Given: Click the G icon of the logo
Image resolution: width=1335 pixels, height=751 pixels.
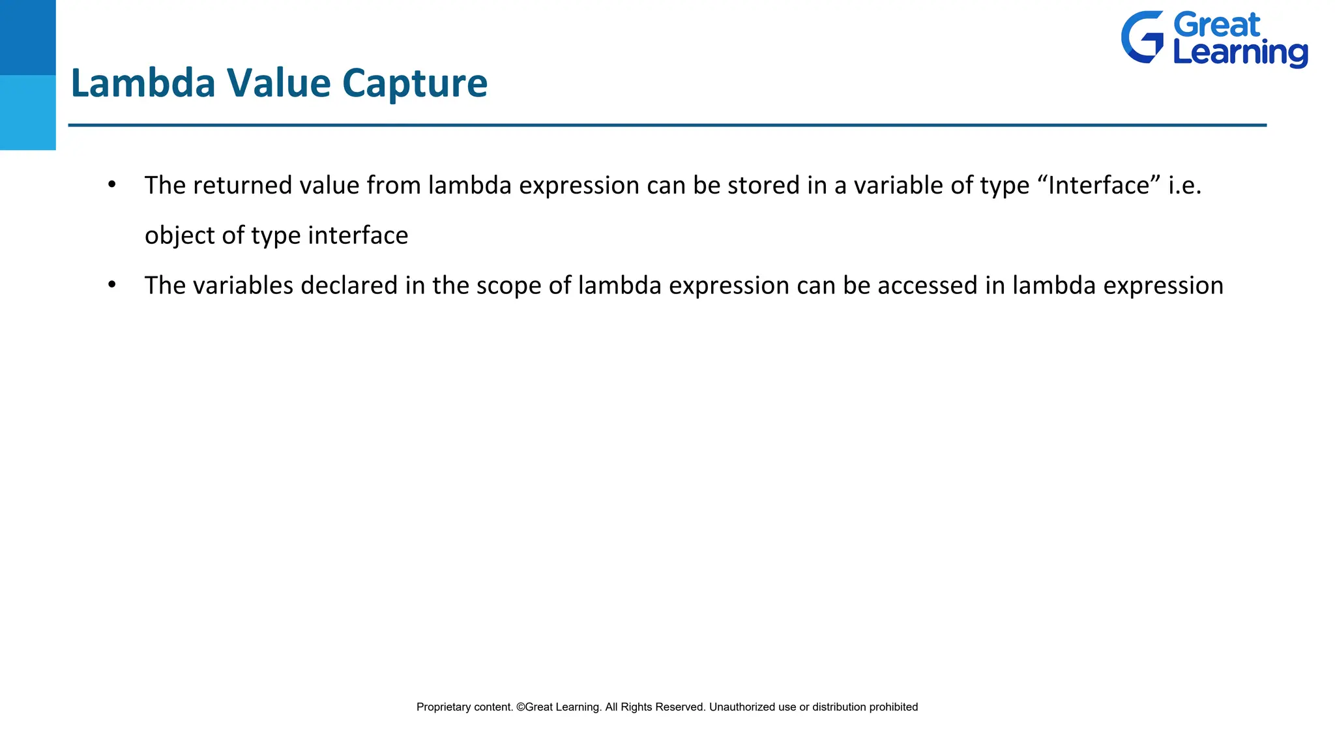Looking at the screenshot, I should (1142, 37).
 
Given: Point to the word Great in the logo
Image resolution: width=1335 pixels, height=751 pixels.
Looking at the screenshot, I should (1217, 25).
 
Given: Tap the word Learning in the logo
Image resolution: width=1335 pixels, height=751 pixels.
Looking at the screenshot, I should (1240, 53).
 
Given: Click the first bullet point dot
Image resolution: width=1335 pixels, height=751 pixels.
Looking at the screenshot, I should (112, 185).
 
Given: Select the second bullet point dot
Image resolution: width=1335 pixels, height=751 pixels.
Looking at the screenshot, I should (112, 285).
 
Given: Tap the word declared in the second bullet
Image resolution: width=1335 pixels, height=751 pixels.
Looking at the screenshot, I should (349, 286).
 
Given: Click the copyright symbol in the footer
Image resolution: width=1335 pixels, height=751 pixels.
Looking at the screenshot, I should (520, 707).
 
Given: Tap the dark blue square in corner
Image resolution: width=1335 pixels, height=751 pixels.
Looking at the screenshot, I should (27, 37).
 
